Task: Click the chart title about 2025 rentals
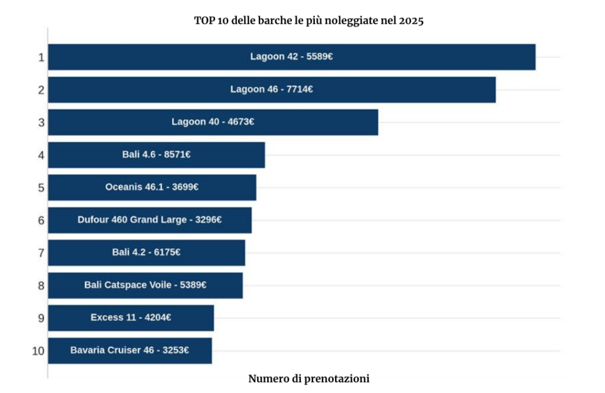309,21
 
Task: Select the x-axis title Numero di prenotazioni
309,379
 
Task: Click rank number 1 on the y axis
41,57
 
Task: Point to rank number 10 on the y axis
38,350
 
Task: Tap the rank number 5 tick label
41,187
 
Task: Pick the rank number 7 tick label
41,253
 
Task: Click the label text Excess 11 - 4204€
131,318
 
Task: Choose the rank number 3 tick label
41,122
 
